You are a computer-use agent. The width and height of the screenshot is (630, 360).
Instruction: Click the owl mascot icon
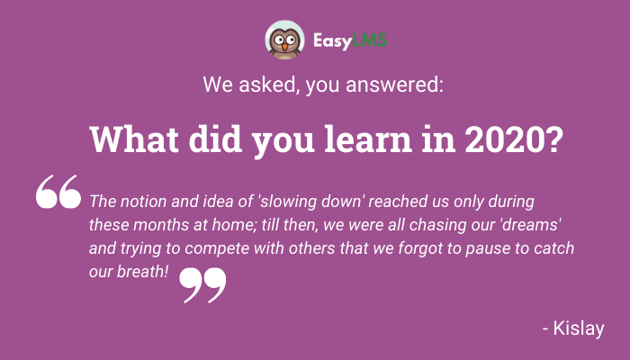pos(284,40)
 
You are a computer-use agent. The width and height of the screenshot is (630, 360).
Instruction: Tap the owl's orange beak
pos(284,47)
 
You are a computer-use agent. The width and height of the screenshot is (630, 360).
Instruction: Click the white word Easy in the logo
pos(332,41)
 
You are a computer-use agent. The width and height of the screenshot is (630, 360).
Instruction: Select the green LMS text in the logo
pos(369,40)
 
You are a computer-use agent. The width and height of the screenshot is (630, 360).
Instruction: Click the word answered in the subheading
pos(394,85)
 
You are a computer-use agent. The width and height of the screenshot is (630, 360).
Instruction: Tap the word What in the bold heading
pos(134,139)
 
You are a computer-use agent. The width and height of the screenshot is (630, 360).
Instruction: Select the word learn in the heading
pos(368,139)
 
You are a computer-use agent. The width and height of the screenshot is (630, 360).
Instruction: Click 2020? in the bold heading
pos(514,139)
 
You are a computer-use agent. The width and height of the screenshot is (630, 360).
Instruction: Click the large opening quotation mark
pos(58,192)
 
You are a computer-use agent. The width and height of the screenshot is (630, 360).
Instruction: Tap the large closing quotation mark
pos(202,285)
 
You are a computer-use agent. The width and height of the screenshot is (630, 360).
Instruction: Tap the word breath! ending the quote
pos(142,272)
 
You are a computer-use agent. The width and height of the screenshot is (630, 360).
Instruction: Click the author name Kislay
pos(578,328)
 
